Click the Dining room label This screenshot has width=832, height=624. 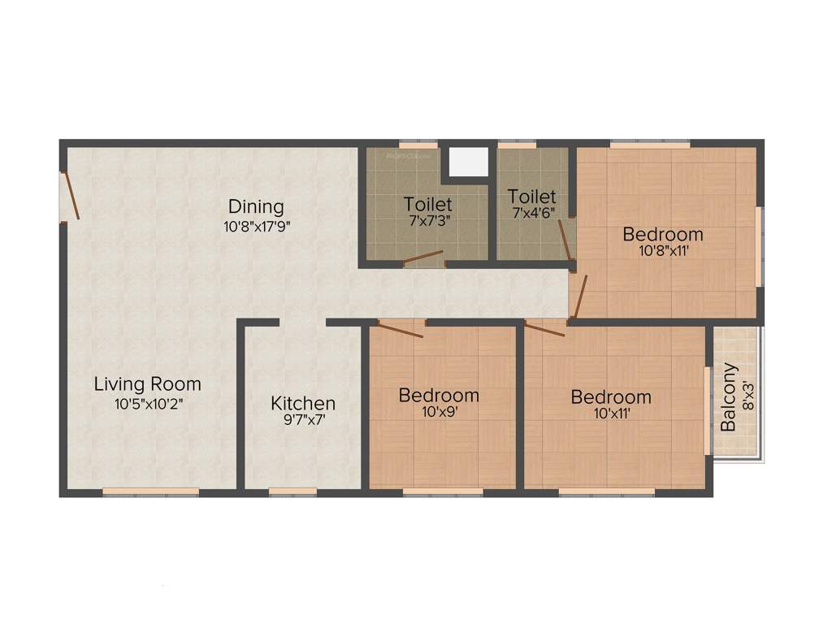[256, 206]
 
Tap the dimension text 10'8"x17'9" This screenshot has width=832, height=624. [257, 227]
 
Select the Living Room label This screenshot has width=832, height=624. [147, 383]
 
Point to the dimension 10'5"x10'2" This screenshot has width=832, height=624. [147, 404]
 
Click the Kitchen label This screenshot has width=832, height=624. [303, 403]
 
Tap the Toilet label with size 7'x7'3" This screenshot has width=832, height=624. [428, 203]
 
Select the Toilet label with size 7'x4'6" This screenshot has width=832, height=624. [532, 197]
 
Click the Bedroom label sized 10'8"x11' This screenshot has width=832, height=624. [663, 235]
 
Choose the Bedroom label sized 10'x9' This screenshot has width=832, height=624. [439, 396]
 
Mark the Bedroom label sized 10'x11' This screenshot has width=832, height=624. [611, 397]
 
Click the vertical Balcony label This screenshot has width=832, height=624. [729, 396]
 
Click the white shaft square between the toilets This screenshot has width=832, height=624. [468, 161]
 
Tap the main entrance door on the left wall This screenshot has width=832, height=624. [71, 194]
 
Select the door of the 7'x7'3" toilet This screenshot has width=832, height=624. [424, 258]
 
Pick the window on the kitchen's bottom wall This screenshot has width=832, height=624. [292, 491]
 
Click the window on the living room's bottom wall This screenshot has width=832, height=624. [150, 491]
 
